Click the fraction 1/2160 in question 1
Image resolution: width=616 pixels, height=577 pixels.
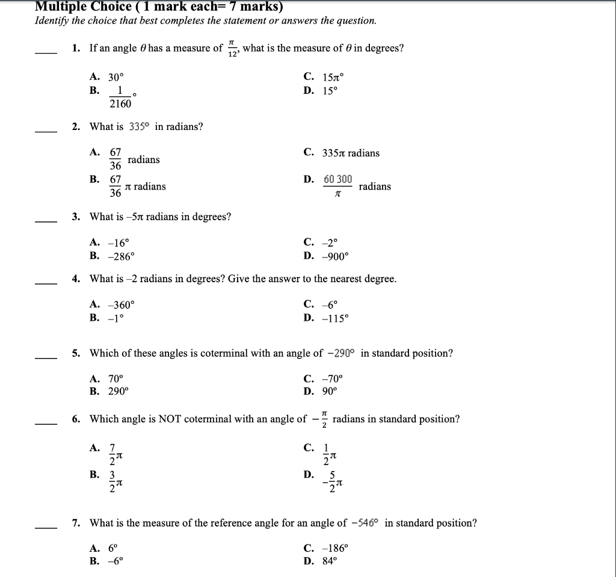click(120, 97)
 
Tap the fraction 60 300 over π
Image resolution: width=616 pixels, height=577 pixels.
click(337, 186)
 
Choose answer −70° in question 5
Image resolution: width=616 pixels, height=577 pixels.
click(331, 379)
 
